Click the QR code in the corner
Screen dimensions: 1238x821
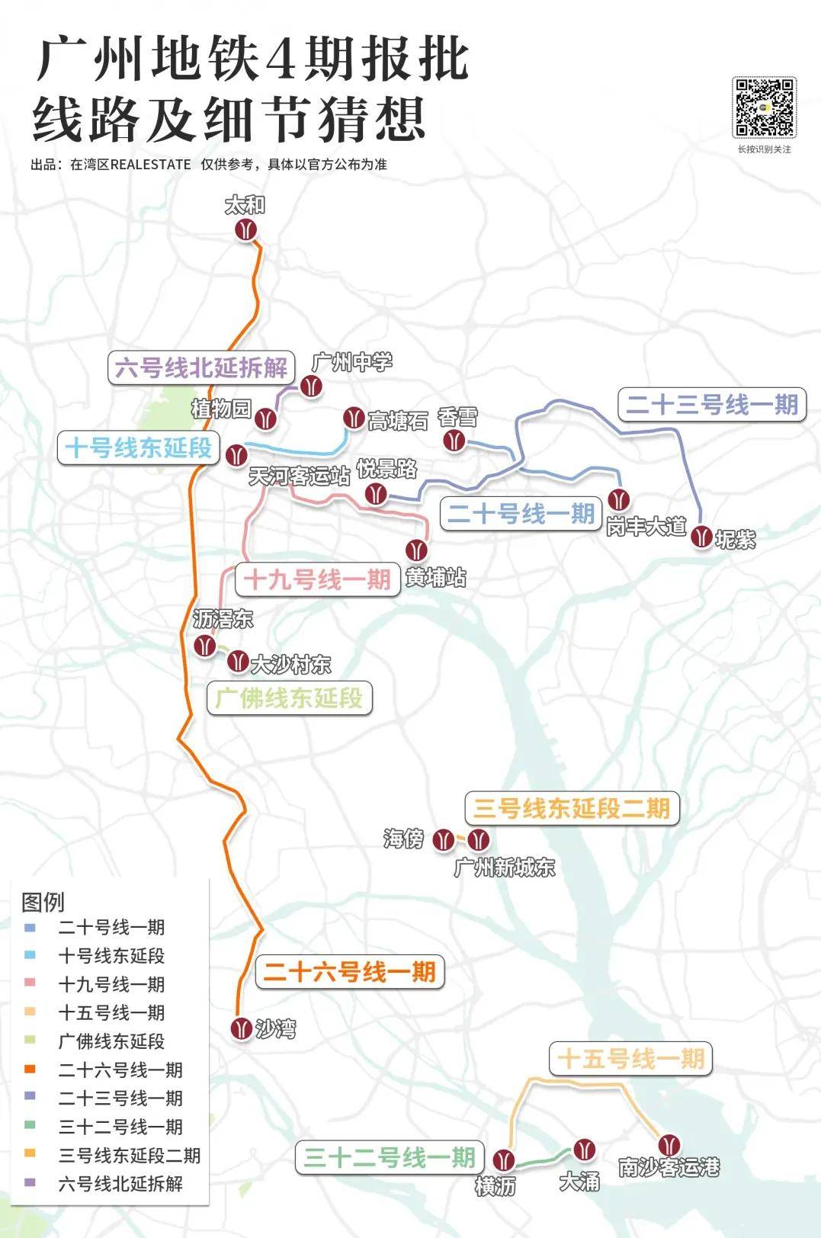tap(764, 107)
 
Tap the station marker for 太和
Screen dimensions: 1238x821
tap(245, 229)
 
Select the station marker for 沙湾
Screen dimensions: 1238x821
tap(242, 1028)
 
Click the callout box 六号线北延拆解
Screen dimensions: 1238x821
tap(201, 367)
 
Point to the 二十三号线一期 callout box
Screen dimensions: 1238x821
tap(711, 405)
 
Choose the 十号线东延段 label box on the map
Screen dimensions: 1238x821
tap(138, 447)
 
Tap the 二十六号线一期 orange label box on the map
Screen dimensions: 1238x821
tap(349, 972)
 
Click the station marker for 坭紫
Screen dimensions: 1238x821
tap(701, 537)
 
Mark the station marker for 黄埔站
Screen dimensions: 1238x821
tap(416, 550)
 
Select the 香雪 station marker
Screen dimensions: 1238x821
tap(455, 441)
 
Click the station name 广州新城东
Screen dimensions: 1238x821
tap(504, 868)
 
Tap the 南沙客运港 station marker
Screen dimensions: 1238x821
tap(669, 1144)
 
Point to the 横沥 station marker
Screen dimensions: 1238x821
tap(503, 1161)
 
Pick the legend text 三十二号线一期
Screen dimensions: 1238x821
tap(120, 1127)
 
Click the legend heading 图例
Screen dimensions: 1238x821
tap(43, 902)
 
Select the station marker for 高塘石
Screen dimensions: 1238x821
tap(353, 417)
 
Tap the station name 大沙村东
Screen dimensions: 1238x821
tap(290, 665)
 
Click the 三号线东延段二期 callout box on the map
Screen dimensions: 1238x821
tap(572, 808)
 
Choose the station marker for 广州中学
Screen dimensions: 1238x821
tap(310, 386)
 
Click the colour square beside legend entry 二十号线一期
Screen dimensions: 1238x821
tap(30, 928)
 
